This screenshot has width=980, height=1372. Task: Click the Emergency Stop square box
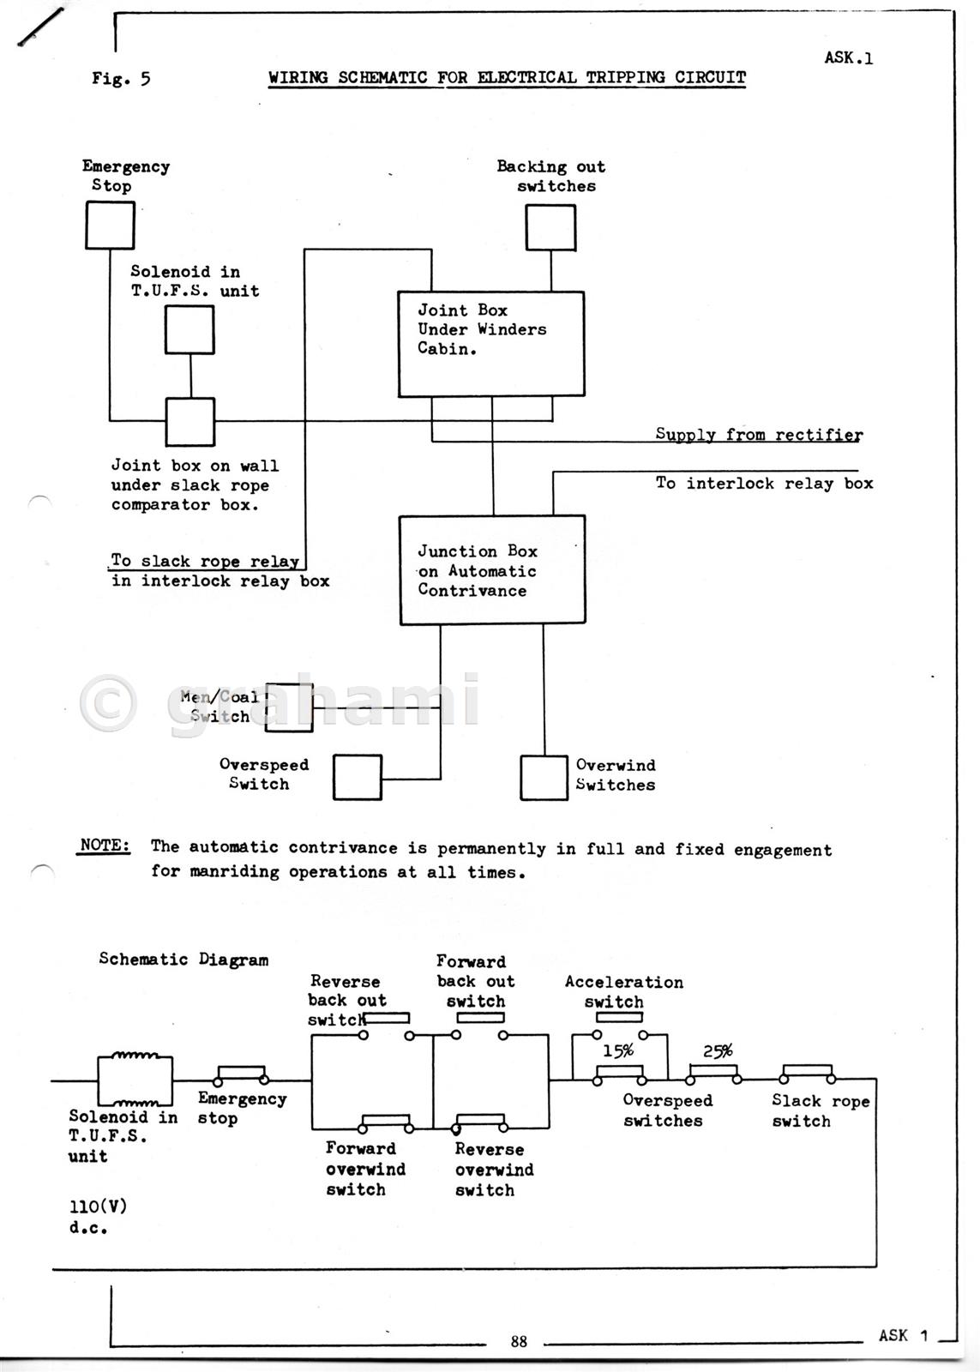click(110, 226)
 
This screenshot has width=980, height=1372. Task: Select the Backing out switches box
click(550, 227)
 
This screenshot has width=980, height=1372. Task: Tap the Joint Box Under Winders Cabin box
click(491, 344)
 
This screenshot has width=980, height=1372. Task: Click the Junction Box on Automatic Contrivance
click(492, 569)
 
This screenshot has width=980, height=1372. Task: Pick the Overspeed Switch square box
click(358, 777)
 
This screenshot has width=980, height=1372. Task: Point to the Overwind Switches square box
click(544, 778)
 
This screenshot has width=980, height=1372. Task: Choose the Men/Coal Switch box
click(289, 707)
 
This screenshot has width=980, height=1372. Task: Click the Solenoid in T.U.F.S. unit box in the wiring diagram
click(189, 330)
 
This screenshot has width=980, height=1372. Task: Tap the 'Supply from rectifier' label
click(759, 434)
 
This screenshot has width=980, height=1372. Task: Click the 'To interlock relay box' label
click(764, 484)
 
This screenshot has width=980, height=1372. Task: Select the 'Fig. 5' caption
click(121, 79)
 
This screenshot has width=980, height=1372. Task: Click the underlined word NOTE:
click(105, 845)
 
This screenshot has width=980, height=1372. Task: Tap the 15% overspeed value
click(617, 1051)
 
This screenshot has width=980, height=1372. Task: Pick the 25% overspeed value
click(718, 1051)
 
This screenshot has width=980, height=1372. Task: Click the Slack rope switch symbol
click(806, 1074)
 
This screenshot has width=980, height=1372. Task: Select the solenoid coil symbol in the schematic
click(135, 1080)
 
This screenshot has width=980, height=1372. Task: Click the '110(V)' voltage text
click(98, 1207)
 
